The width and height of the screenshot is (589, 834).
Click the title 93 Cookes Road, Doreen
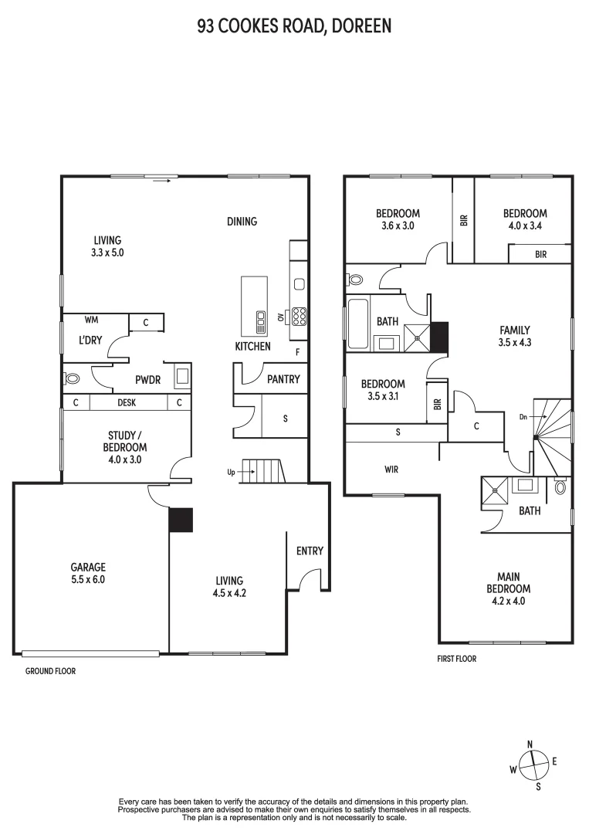click(294, 25)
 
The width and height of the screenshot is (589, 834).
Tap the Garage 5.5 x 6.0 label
click(88, 573)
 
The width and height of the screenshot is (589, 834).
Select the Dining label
click(242, 222)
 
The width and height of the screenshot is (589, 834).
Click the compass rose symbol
click(533, 765)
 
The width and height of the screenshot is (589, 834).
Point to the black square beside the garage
click(181, 520)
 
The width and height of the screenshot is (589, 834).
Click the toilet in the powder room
click(72, 378)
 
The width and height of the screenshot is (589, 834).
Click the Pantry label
click(283, 379)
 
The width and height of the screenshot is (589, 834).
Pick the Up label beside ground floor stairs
click(230, 471)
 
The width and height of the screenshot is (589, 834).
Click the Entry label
click(310, 551)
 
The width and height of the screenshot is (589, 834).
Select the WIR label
click(391, 469)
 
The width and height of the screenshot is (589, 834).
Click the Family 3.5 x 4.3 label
click(514, 336)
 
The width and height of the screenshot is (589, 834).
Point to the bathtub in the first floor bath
click(357, 322)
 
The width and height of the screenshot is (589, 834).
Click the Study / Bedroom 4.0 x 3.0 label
click(124, 447)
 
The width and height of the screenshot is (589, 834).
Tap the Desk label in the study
click(127, 402)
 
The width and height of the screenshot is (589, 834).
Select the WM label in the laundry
click(90, 319)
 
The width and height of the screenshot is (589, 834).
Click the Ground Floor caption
click(50, 671)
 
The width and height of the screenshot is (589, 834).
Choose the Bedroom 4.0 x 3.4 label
click(525, 220)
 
